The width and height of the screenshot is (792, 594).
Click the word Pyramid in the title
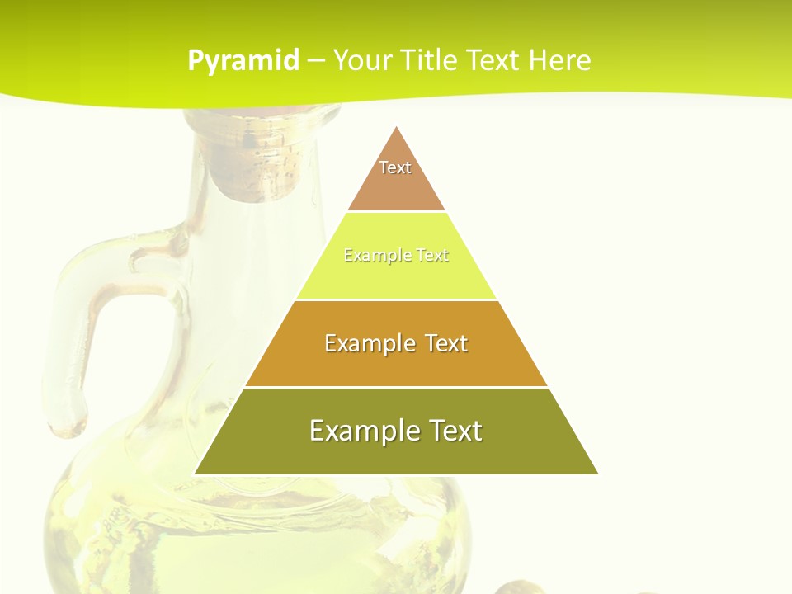tap(243, 61)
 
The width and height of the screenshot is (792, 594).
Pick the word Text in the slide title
tap(494, 61)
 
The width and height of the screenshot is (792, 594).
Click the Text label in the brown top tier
tap(395, 167)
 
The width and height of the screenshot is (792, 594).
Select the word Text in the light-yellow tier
tap(433, 256)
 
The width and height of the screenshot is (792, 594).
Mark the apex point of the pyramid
tap(396, 127)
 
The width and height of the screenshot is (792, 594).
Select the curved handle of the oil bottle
tap(91, 330)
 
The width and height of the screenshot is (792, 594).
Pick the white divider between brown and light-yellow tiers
tap(396, 212)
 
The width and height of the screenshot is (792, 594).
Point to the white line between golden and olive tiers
tap(396, 387)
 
